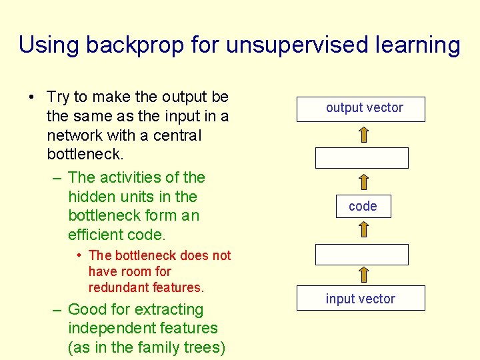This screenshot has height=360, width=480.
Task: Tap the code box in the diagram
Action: point(363,207)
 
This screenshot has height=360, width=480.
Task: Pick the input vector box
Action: point(361,299)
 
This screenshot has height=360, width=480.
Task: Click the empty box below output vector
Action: point(361,158)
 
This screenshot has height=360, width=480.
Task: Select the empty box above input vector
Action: point(361,255)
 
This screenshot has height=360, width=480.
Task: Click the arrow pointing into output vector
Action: point(364,134)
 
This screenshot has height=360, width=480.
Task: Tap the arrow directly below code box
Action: point(364,230)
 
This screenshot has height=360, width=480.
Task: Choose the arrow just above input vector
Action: point(364,275)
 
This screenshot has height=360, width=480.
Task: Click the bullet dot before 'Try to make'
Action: point(31,97)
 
